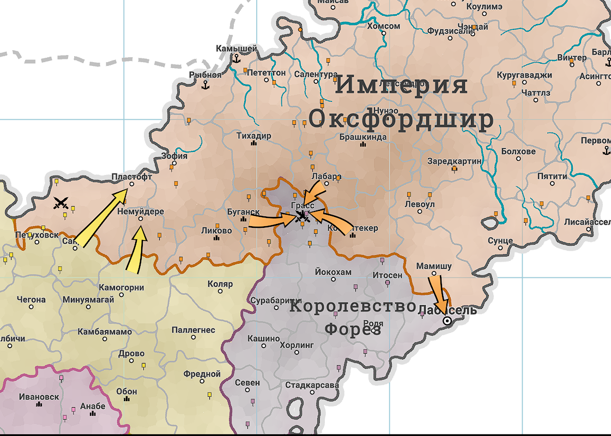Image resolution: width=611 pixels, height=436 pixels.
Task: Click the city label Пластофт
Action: (x=131, y=177)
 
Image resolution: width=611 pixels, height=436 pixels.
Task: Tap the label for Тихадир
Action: (x=253, y=136)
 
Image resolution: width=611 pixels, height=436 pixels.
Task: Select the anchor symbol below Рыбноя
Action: (x=205, y=85)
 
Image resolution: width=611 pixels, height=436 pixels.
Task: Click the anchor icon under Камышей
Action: (x=237, y=58)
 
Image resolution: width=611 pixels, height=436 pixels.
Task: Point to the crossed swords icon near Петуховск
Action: (x=62, y=204)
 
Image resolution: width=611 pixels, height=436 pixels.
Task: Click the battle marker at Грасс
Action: (x=301, y=216)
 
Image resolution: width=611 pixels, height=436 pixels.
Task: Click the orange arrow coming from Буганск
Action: (x=270, y=220)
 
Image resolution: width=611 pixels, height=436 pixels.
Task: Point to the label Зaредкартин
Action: (x=455, y=161)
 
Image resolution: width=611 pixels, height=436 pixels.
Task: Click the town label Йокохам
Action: (x=333, y=271)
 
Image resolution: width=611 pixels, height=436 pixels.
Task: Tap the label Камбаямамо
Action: (x=105, y=331)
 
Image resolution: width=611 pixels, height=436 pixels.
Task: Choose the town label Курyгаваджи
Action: (x=524, y=75)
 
